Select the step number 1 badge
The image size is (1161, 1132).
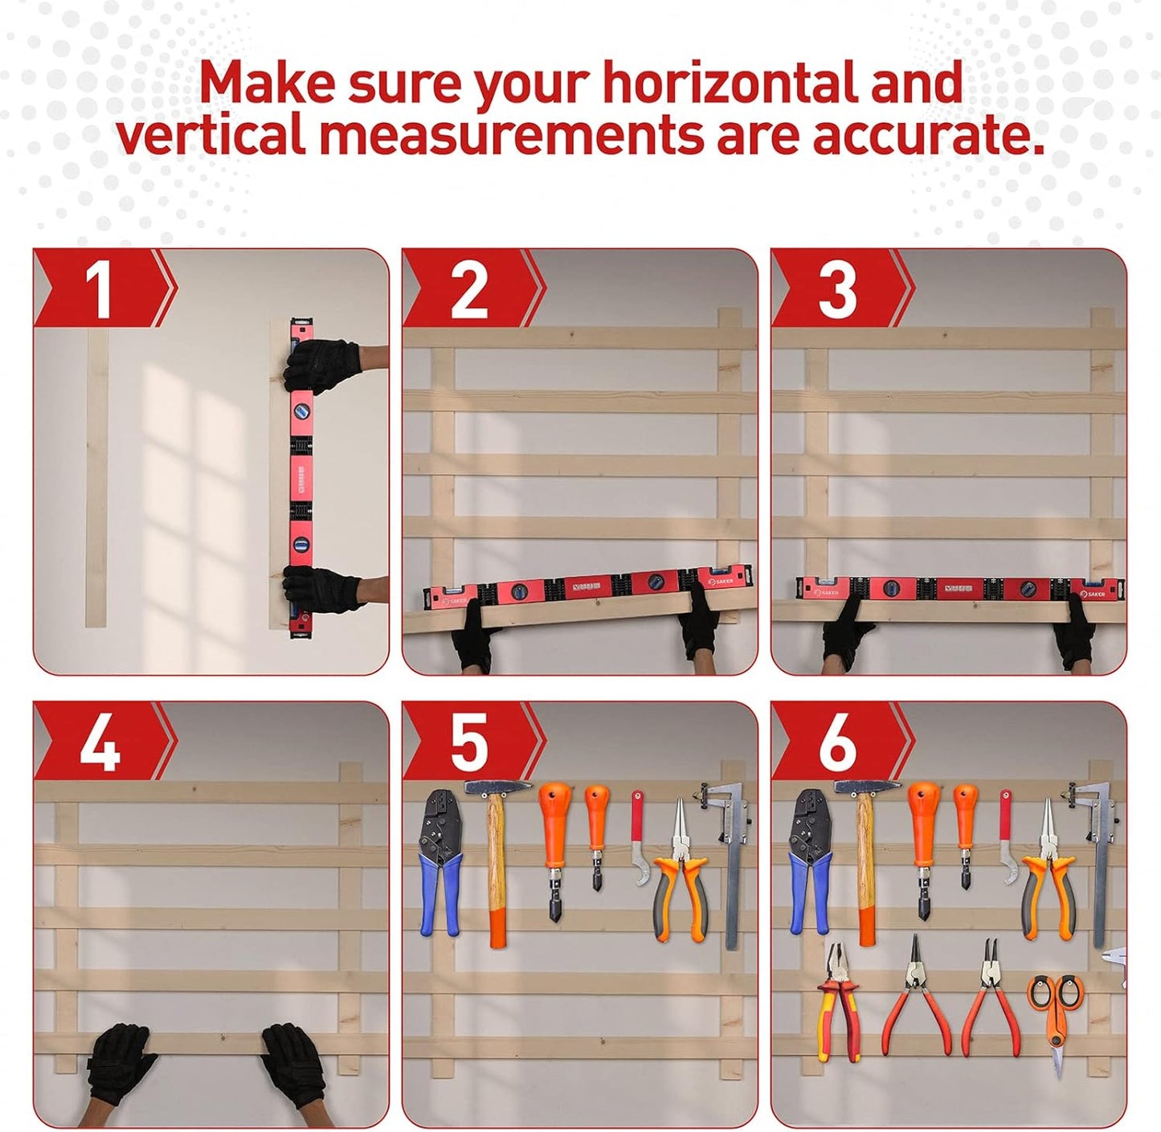(100, 289)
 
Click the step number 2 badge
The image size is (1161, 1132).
(469, 289)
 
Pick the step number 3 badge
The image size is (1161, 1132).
(837, 289)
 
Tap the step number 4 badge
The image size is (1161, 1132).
(100, 744)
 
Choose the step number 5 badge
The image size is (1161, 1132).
(469, 744)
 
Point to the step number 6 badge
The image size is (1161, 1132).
(837, 744)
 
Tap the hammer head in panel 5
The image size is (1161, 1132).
(497, 787)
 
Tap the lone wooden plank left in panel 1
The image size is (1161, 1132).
(96, 478)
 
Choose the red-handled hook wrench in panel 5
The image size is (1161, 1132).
(639, 840)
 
